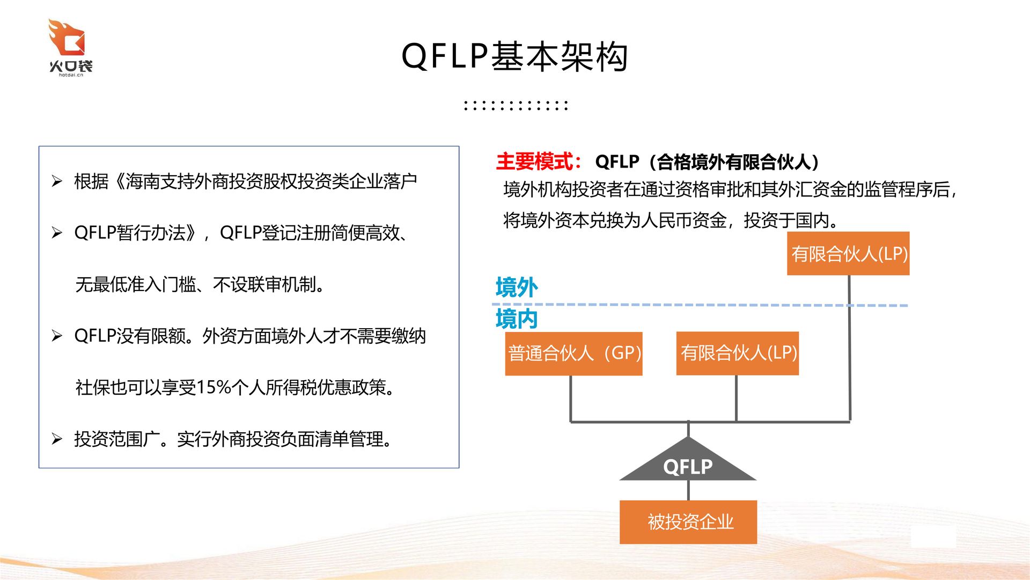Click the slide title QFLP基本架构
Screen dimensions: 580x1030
tap(514, 56)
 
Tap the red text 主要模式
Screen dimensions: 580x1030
tap(535, 162)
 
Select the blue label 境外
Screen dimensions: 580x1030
tap(516, 287)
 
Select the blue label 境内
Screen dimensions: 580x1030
tap(516, 319)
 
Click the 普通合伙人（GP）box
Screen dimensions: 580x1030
tap(573, 353)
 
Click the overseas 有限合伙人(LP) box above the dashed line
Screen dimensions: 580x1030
tap(848, 253)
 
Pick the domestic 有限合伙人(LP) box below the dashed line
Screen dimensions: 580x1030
tap(738, 353)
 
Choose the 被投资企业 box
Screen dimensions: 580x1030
tap(688, 522)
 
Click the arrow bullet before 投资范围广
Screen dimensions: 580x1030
tap(57, 439)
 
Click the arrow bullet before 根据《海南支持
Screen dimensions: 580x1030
tap(57, 182)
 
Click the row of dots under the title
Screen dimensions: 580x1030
tap(516, 105)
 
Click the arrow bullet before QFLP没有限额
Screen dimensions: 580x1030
tap(57, 336)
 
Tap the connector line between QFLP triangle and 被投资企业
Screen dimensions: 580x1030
tap(688, 490)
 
